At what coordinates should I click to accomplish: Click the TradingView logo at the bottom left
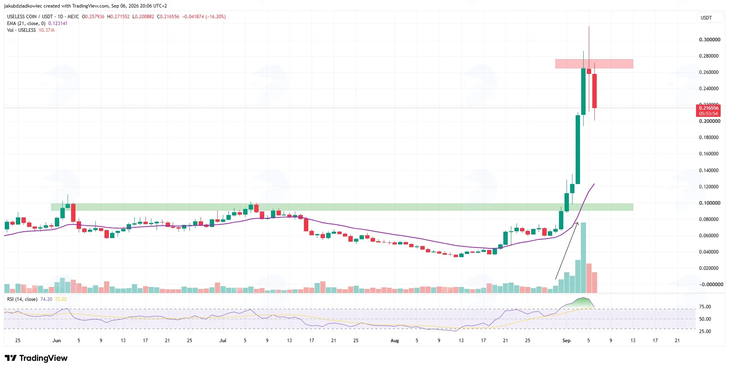[36, 358]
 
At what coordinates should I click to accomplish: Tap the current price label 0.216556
[709, 108]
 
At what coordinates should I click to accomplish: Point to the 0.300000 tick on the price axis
[710, 40]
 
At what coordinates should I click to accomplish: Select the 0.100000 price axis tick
[710, 203]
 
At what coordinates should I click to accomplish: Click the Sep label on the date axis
[566, 341]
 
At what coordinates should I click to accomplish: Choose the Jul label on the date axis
[223, 341]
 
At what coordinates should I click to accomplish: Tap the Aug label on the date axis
[394, 341]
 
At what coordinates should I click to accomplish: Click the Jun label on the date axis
[56, 341]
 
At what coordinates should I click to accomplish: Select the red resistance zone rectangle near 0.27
[594, 64]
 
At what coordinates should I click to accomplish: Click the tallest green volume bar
[583, 258]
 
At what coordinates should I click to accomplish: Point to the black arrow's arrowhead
[578, 223]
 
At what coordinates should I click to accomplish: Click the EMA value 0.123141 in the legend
[58, 23]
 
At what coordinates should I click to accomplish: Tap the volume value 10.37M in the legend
[46, 30]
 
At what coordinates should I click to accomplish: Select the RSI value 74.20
[46, 299]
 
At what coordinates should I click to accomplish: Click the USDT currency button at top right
[706, 18]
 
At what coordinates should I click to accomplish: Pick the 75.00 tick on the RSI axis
[705, 307]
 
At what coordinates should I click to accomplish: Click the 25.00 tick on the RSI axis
[705, 331]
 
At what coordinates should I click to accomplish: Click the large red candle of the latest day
[594, 91]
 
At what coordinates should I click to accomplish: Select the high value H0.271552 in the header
[118, 17]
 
